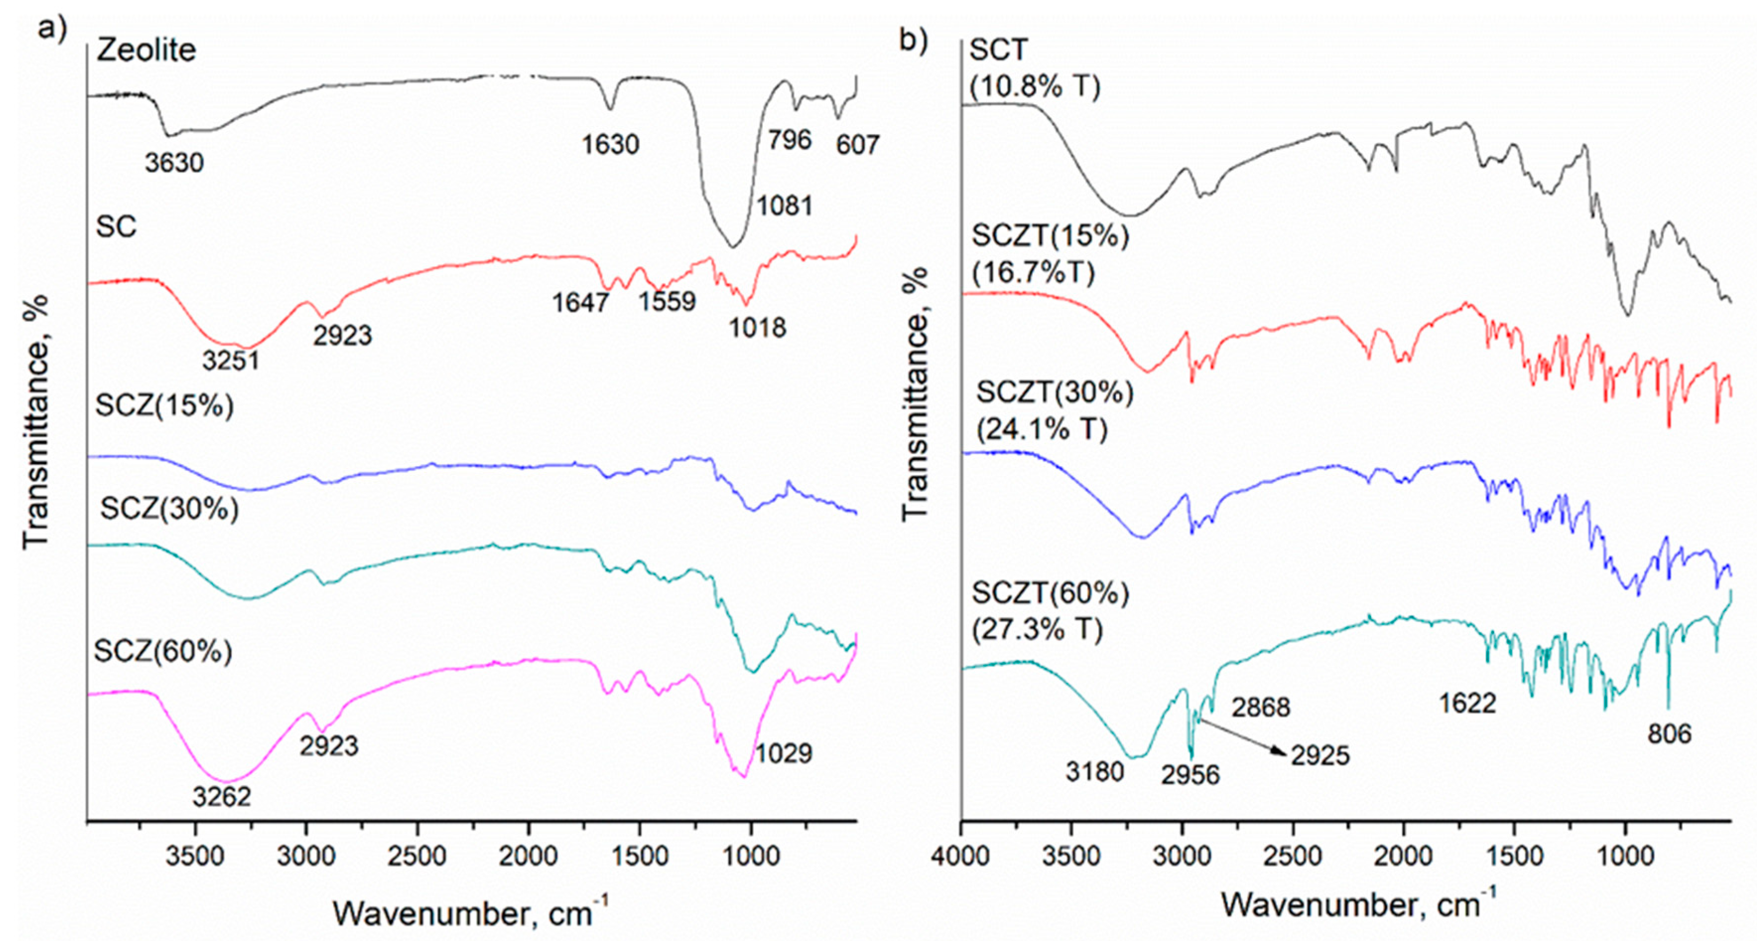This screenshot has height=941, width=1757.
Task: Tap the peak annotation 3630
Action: (174, 162)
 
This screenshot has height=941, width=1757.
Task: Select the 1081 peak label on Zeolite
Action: (784, 204)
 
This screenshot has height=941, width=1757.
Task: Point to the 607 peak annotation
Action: (857, 144)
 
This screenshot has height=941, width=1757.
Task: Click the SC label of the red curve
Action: (116, 226)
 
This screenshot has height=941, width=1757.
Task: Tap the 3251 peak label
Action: (231, 360)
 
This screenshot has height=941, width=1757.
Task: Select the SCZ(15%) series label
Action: (164, 405)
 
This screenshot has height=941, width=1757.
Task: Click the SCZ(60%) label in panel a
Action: (163, 651)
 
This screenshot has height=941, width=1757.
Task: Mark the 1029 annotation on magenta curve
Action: (784, 753)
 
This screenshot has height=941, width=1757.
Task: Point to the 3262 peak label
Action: (222, 797)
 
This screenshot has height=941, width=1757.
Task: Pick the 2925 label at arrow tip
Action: (1320, 755)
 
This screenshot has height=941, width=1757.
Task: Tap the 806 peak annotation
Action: (1670, 734)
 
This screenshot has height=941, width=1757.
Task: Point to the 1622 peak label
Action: (1467, 703)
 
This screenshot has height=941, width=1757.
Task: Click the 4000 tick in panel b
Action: (960, 856)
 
